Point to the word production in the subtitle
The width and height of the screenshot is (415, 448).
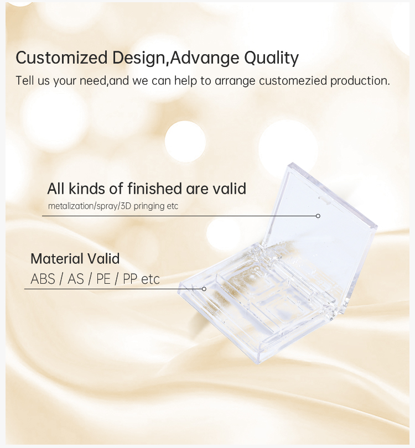pos(360,81)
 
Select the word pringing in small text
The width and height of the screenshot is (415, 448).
pos(147,206)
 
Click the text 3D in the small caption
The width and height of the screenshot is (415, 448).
pos(126,206)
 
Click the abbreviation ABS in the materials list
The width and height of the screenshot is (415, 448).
pos(43,279)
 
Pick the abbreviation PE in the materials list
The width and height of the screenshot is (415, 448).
pos(103,279)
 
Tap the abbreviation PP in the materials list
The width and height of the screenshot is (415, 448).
pos(130,279)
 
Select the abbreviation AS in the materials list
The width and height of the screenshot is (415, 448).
pos(75,279)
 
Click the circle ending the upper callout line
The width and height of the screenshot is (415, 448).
pos(318,216)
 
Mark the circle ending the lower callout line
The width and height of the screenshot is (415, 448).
pos(204,289)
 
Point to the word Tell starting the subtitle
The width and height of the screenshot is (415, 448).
pos(25,81)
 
